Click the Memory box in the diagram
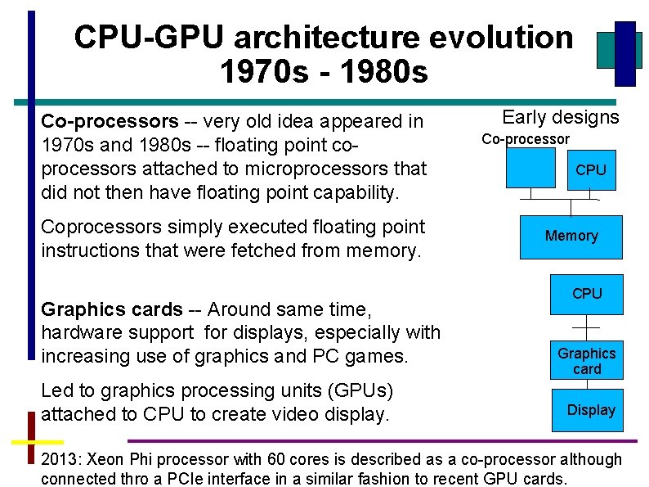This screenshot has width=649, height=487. [x=571, y=237]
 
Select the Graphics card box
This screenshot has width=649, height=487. [x=586, y=361]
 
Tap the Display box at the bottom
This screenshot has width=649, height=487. [x=591, y=409]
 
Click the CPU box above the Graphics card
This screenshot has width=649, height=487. [x=586, y=294]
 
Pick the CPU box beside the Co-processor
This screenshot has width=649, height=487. [x=590, y=170]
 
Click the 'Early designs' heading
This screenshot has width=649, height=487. [x=560, y=117]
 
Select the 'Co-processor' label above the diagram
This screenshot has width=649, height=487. [x=525, y=139]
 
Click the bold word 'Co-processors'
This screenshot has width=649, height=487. [x=110, y=122]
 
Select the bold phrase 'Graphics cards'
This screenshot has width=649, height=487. [x=111, y=309]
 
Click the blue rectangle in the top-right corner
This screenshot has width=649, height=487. [x=625, y=52]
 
